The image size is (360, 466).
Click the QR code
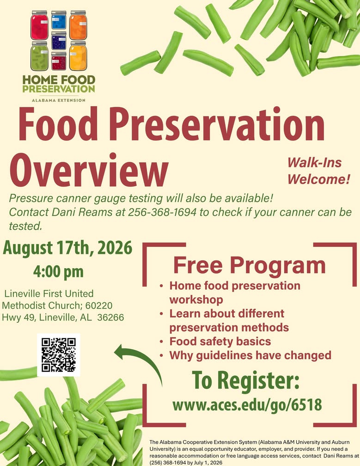59,355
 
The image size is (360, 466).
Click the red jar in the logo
39,25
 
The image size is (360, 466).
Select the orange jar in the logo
78,25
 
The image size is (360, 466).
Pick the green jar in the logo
39,56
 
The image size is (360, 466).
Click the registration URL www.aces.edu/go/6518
247,405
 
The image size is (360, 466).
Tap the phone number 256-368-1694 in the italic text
162,212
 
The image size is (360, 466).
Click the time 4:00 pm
58,272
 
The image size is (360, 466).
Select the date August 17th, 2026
67,248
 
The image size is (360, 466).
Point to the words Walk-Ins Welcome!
319,171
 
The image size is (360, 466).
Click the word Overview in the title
89,170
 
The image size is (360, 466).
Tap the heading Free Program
250,265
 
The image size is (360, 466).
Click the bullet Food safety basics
220,342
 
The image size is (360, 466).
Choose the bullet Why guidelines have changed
250,356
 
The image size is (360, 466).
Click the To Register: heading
246,380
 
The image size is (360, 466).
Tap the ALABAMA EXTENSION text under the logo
59,100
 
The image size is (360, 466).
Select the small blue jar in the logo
59,20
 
